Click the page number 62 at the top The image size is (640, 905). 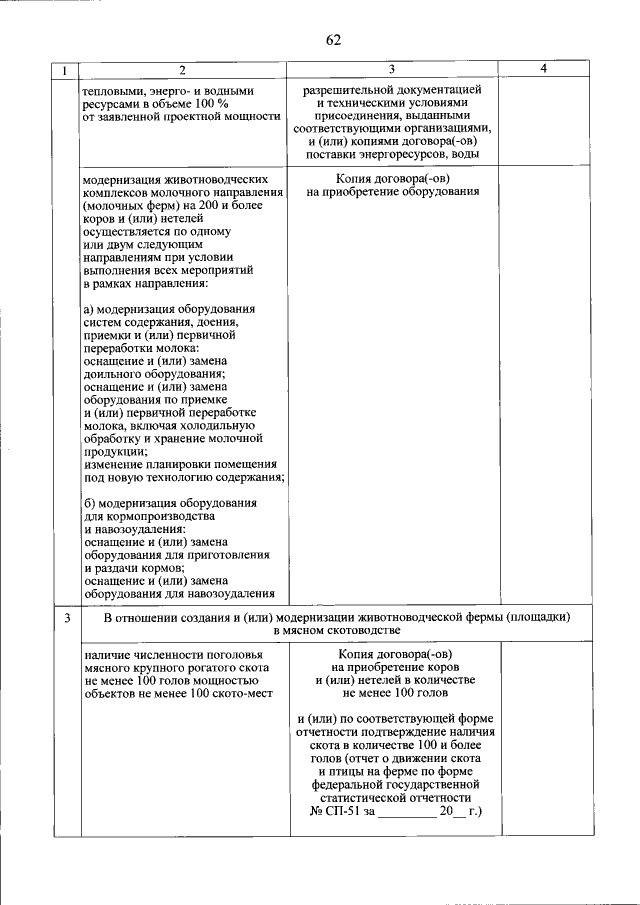[333, 40]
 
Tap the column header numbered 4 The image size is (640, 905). [542, 69]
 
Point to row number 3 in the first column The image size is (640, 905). [66, 618]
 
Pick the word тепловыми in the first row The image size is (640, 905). [116, 90]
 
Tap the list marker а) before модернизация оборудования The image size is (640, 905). [89, 308]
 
